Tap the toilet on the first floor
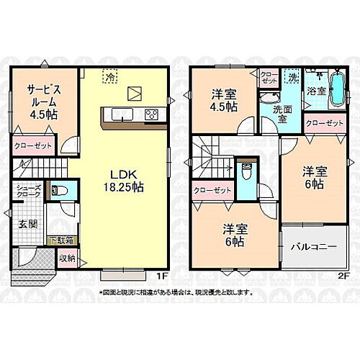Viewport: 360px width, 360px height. [x=58, y=192]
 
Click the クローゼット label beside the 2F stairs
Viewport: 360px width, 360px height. [x=213, y=190]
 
